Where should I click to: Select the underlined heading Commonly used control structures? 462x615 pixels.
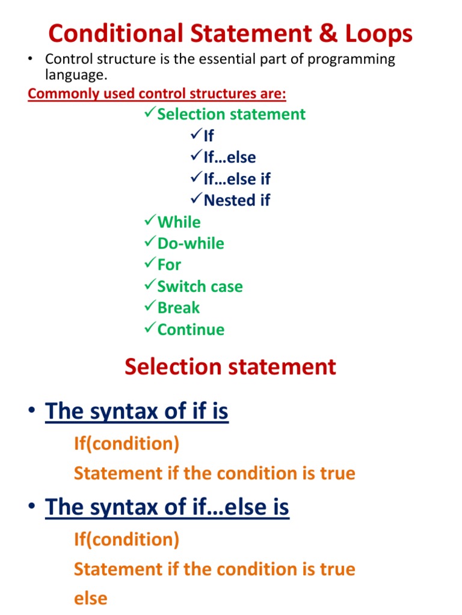(x=157, y=94)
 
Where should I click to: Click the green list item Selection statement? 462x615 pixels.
(x=231, y=114)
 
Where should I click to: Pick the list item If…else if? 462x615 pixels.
(x=237, y=179)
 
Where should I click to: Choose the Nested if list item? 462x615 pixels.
(x=237, y=201)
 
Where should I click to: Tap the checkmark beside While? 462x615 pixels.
(x=150, y=222)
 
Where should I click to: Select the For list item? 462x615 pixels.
(x=169, y=265)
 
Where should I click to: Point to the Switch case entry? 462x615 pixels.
(x=200, y=286)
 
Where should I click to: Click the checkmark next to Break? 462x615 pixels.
(x=150, y=307)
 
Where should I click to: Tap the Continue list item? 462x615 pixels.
(x=191, y=330)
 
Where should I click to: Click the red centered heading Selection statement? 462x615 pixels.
(x=230, y=367)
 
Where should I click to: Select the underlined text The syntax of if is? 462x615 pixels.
(x=137, y=411)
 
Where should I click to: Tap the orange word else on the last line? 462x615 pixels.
(x=90, y=598)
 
